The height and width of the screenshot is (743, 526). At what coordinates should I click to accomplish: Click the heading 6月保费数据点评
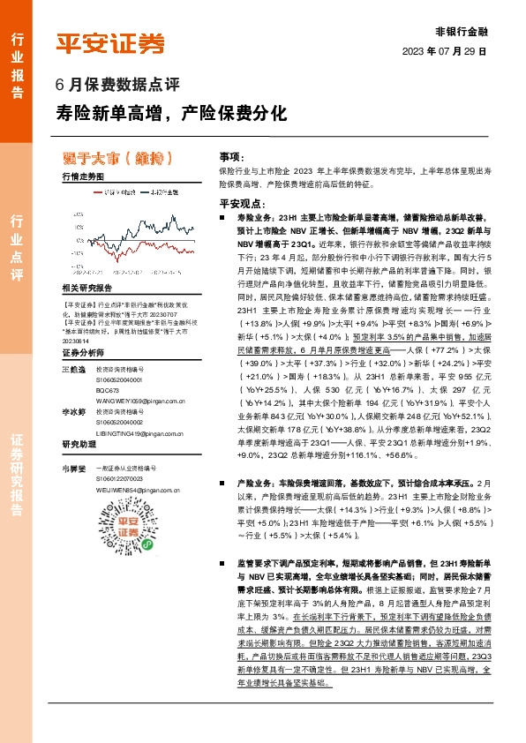[118, 86]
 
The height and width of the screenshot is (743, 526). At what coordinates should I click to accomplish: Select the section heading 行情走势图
[83, 176]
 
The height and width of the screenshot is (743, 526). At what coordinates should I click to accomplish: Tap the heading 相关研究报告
[86, 288]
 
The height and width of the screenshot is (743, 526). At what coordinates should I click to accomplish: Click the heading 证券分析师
[83, 353]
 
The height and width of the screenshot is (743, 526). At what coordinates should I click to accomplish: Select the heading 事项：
[231, 155]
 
